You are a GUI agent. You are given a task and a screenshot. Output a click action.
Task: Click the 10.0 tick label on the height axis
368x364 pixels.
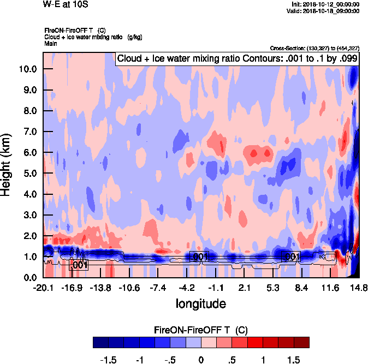pyautogui.click(x=28, y=69)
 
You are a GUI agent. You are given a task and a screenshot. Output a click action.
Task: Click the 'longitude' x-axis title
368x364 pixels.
pyautogui.click(x=200, y=303)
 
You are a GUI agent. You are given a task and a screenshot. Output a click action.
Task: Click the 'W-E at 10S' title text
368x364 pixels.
pyautogui.click(x=65, y=4)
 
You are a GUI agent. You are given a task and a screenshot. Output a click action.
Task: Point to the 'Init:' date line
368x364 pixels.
pyautogui.click(x=326, y=4)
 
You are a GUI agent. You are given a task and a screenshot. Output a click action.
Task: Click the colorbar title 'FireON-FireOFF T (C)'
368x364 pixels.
pyautogui.click(x=201, y=330)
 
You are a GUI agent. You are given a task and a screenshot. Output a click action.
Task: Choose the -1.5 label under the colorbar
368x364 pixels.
pyautogui.click(x=109, y=360)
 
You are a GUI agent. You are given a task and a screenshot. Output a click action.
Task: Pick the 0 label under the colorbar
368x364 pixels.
pyautogui.click(x=201, y=360)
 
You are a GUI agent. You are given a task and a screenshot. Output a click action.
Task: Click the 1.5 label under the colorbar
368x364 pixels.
pyautogui.click(x=293, y=360)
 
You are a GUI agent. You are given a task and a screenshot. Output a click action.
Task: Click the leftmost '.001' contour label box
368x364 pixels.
pyautogui.click(x=80, y=265)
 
